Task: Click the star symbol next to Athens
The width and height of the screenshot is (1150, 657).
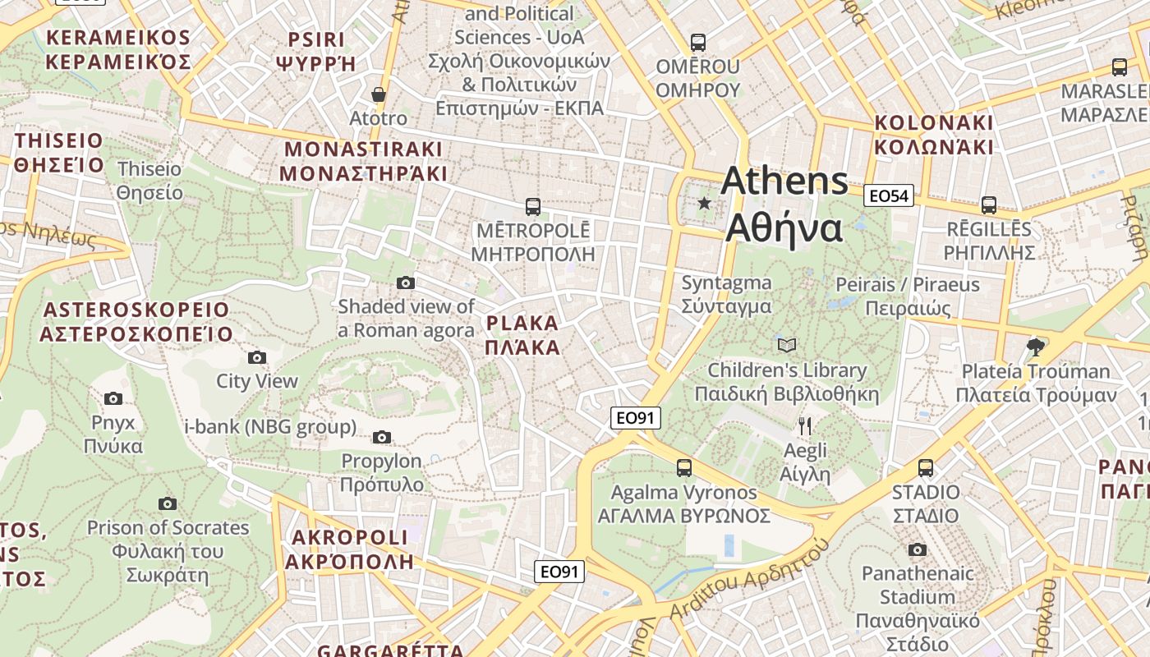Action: tap(704, 203)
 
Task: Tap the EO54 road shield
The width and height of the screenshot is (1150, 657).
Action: tap(889, 195)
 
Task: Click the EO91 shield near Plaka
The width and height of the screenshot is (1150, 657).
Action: tap(636, 418)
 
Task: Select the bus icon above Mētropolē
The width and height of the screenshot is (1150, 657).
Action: tap(533, 206)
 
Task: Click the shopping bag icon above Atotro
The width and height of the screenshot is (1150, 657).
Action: tap(379, 94)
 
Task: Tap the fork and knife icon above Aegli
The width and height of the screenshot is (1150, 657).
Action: tap(805, 425)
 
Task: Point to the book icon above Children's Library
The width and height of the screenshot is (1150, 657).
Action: tap(787, 345)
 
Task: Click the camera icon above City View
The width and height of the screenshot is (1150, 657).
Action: tap(257, 357)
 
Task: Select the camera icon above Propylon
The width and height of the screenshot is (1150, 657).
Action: tap(382, 437)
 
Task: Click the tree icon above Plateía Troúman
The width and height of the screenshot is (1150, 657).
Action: tap(1035, 347)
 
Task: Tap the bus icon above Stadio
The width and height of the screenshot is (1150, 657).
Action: tap(926, 468)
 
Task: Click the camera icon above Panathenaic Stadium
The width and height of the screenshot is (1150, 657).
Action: tap(918, 549)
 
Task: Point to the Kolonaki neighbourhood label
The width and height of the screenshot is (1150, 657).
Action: tap(934, 135)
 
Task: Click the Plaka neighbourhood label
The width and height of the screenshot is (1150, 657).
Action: tap(522, 334)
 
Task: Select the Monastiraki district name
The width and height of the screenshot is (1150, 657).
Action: tap(363, 161)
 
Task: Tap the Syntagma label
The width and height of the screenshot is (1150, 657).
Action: tap(727, 294)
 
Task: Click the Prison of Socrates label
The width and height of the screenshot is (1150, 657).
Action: tap(168, 540)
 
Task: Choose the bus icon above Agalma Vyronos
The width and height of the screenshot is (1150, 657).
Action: tap(684, 468)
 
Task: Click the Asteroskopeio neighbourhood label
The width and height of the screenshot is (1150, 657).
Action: tap(136, 321)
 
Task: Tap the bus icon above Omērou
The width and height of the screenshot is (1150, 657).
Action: tap(698, 42)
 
